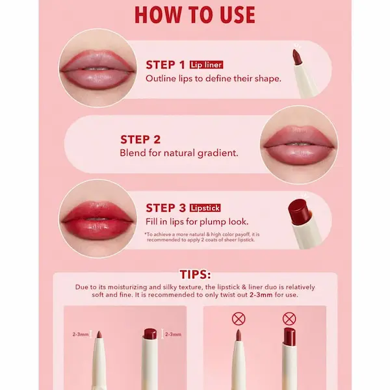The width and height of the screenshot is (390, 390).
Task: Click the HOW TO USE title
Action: pos(195,15)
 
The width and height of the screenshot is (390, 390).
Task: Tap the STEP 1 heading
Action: pos(165,65)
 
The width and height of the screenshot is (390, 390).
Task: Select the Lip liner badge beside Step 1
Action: pos(206,64)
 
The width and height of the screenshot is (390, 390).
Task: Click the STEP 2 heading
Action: pos(140,140)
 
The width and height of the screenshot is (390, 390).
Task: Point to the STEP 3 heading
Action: pos(166,208)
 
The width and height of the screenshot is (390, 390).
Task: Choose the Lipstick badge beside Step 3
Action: pos(205,208)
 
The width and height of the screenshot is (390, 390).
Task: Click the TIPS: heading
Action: pos(195,274)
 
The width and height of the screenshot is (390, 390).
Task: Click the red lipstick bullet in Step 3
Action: pos(298,211)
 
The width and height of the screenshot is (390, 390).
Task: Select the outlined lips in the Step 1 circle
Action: pos(97,70)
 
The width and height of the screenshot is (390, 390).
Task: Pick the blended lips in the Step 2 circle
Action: pos(299,145)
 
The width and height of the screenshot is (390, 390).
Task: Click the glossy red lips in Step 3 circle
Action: pos(97,220)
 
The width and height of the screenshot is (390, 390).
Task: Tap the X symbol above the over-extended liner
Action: pos(239,319)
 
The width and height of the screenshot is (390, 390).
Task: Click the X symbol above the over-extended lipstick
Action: pos(289,319)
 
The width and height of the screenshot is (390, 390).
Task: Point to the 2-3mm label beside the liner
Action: pos(81,334)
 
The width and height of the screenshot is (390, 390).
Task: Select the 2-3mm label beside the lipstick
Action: pos(173,334)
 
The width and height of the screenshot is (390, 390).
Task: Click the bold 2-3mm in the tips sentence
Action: pos(261,295)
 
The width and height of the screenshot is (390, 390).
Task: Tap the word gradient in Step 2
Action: pos(218,153)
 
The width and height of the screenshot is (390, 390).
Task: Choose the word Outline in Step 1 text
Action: pos(161,79)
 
